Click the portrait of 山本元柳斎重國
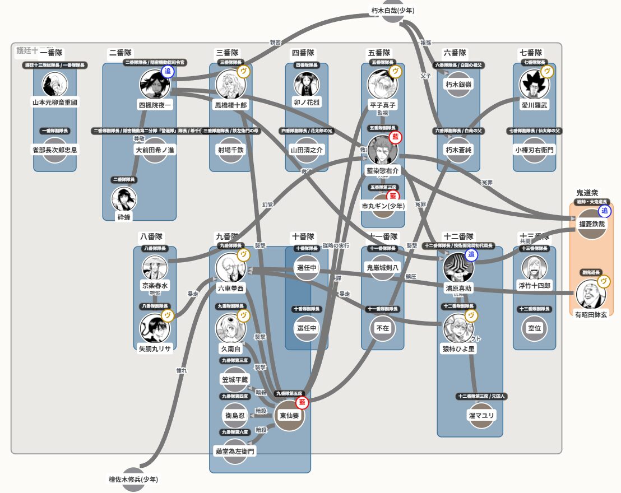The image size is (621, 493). click(55, 84)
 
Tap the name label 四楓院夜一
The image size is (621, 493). click(155, 105)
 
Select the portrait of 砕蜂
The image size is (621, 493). click(124, 199)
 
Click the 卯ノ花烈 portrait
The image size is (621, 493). click(307, 84)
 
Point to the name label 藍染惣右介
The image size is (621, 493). click(382, 170)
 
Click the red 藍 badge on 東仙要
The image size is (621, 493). click(303, 402)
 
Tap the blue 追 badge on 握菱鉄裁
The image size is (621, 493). click(605, 211)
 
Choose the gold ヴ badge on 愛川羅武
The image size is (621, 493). click(548, 72)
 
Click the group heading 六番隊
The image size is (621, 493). click(455, 53)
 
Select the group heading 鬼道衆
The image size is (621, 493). click(587, 193)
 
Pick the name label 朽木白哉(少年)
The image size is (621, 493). click(393, 10)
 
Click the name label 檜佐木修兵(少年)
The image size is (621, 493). click(133, 480)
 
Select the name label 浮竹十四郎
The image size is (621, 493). click(535, 286)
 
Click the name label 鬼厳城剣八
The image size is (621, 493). click(383, 267)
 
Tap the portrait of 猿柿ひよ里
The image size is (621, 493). click(458, 328)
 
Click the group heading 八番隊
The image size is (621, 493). click(151, 236)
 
